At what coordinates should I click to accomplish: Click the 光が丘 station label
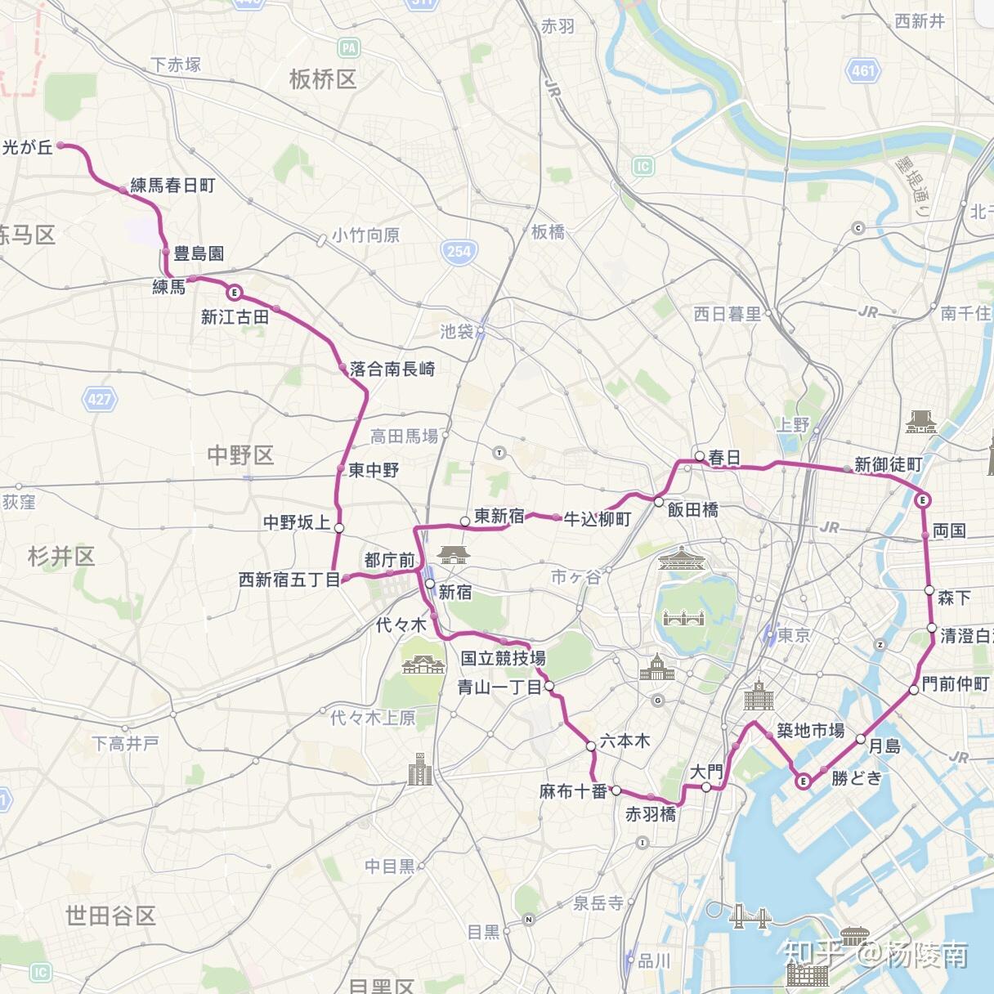tap(28, 147)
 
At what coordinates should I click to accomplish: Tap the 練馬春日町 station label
tap(172, 186)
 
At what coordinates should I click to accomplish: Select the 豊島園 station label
tap(199, 253)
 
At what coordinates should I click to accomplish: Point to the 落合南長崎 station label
tap(392, 369)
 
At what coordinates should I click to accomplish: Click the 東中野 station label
tap(374, 470)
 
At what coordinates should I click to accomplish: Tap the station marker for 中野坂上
tap(339, 528)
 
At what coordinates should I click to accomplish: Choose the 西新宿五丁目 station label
tap(289, 580)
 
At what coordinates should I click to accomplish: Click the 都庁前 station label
tap(389, 560)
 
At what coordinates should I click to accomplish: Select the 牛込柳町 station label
tap(598, 519)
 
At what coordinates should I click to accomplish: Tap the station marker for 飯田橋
tap(659, 501)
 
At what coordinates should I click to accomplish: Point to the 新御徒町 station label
tap(888, 464)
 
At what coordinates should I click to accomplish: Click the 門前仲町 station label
tap(955, 683)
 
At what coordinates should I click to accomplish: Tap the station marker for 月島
tap(861, 739)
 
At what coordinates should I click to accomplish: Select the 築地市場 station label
tap(810, 730)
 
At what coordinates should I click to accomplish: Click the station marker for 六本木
tap(591, 746)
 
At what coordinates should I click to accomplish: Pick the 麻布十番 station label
tap(573, 791)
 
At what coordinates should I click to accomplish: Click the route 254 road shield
tap(459, 251)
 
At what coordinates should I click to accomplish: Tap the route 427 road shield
tap(100, 399)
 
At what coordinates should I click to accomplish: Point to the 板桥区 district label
tap(323, 79)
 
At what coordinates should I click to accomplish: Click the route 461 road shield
tap(863, 70)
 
